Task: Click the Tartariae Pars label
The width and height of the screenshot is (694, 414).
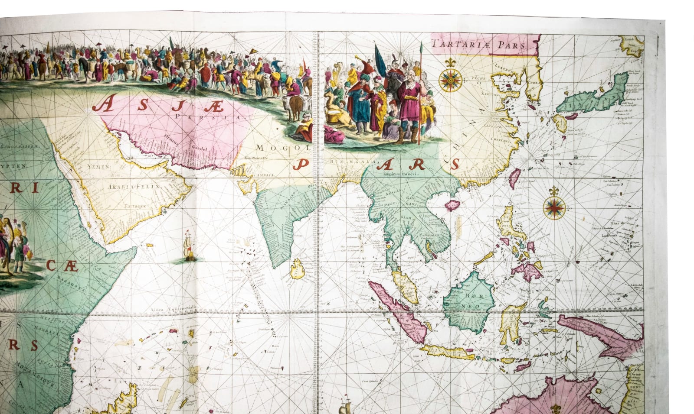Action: (x=478, y=44)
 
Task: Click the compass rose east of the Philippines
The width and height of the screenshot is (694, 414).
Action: (x=554, y=207)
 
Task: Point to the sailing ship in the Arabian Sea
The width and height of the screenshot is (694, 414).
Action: (x=189, y=246)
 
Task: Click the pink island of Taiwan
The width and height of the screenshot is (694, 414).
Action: (x=514, y=177)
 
